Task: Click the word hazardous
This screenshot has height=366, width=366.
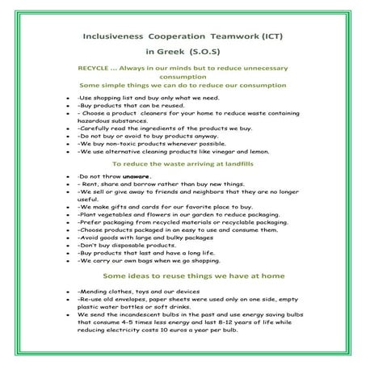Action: point(92,117)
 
